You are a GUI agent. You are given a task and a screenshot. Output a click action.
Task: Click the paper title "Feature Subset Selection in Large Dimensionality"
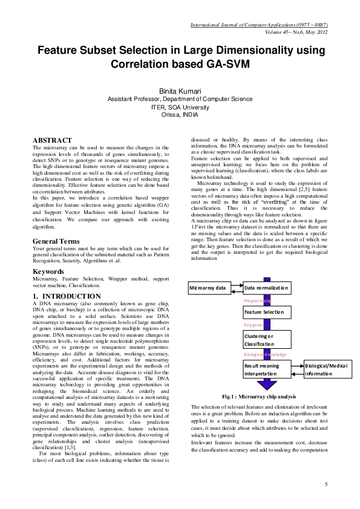[x=180, y=52]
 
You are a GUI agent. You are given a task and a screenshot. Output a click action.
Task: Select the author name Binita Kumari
[x=180, y=91]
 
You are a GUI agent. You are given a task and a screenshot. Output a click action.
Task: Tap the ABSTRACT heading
[x=52, y=140]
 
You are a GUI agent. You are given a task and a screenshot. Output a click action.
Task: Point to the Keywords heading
[x=50, y=271]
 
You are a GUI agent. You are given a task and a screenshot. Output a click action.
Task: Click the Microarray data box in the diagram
[x=208, y=288]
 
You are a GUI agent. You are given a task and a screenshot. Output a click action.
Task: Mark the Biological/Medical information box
[x=327, y=369]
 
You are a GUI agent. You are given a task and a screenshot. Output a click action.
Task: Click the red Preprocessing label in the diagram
[x=258, y=300]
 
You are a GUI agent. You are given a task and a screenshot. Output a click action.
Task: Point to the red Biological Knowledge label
[x=265, y=355]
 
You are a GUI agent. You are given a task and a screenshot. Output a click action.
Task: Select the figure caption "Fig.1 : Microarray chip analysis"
[x=258, y=396]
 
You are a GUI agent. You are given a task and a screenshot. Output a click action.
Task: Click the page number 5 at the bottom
[x=326, y=484]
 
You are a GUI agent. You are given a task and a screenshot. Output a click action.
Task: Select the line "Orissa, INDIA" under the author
[x=180, y=114]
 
